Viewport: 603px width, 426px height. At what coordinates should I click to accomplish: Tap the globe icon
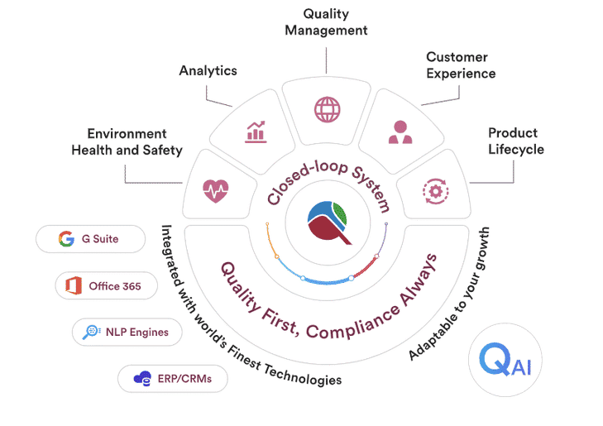click(327, 108)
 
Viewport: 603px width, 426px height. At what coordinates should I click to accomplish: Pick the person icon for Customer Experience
click(400, 131)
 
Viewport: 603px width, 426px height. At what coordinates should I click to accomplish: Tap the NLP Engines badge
click(126, 333)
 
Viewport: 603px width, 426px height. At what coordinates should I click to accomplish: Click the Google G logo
click(66, 239)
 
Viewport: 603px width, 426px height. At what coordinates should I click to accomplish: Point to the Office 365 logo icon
click(73, 286)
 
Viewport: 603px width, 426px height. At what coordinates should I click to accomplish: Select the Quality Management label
click(327, 22)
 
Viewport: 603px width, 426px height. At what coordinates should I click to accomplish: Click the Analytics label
click(208, 70)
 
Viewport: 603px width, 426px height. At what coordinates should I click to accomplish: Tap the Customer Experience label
click(461, 65)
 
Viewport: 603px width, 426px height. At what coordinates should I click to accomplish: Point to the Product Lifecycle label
click(513, 141)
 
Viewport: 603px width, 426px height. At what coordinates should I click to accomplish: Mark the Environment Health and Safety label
click(127, 141)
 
